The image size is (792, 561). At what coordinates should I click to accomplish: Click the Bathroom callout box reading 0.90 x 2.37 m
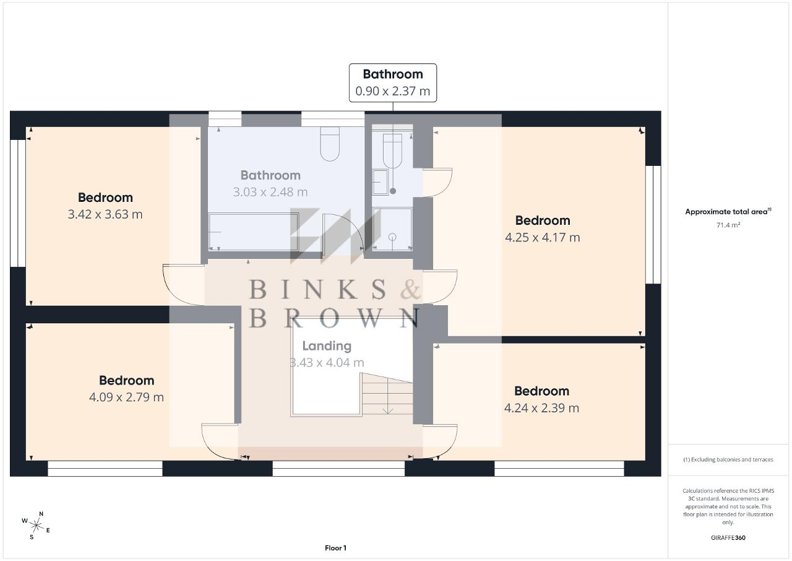[393, 83]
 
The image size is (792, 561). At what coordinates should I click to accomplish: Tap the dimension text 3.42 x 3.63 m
[105, 214]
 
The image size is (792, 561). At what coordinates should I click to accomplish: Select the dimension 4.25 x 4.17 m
[543, 237]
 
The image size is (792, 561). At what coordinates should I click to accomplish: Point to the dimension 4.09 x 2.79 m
[126, 398]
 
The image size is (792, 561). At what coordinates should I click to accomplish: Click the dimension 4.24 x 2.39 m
[541, 408]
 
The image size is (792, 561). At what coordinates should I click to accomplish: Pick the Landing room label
[327, 346]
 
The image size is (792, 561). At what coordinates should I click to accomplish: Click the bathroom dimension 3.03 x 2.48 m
[270, 192]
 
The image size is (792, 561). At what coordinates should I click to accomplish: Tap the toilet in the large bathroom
[330, 144]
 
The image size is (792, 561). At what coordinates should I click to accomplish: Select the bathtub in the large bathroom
[253, 232]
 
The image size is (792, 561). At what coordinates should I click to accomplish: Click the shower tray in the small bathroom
[392, 229]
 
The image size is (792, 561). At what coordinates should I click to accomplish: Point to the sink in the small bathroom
[381, 182]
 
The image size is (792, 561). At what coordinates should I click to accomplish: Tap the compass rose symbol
[36, 526]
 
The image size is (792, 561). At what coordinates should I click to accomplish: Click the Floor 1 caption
[335, 548]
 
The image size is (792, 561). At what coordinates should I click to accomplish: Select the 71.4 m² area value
[728, 225]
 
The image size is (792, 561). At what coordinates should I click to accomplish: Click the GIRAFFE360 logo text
[728, 537]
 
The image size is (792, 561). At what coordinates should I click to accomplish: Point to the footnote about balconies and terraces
[728, 459]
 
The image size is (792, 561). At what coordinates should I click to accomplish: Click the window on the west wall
[18, 203]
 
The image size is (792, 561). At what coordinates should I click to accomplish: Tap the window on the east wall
[653, 225]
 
